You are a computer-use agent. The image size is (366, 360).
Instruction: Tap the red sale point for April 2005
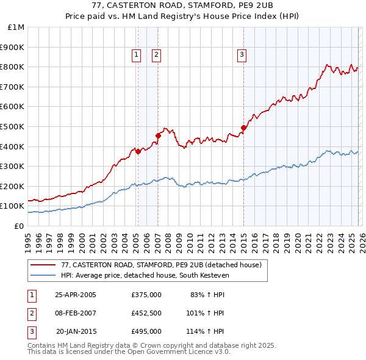click(x=138, y=151)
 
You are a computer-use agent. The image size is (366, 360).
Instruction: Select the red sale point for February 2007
click(x=158, y=135)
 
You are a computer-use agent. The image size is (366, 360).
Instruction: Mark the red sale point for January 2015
click(x=243, y=128)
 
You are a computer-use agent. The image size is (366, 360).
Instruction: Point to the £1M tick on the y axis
click(x=16, y=27)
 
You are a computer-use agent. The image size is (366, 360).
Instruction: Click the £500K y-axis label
click(x=13, y=126)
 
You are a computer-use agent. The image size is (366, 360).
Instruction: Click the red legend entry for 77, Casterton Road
click(x=161, y=265)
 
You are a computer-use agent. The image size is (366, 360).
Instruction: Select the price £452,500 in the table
click(x=146, y=314)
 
